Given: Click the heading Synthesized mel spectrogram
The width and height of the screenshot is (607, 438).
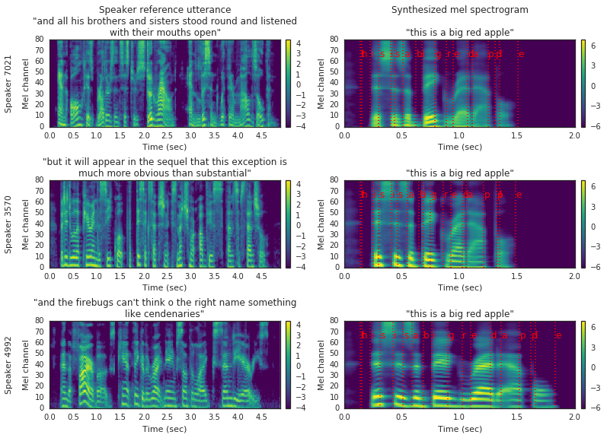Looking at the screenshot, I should [x=459, y=10].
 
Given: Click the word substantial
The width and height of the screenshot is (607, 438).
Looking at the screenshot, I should [x=221, y=173].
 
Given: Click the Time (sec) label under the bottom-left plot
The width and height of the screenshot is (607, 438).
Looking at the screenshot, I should [x=164, y=428].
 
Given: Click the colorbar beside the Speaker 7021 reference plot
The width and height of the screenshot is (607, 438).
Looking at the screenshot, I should [x=288, y=83].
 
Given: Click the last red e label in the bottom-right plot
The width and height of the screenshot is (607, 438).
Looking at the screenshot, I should [x=558, y=335].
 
